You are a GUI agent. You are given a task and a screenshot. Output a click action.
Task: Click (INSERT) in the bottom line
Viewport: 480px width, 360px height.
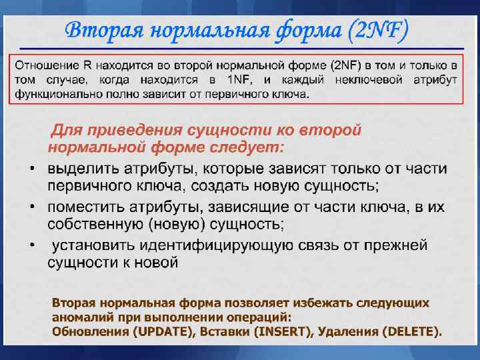click(x=280, y=331)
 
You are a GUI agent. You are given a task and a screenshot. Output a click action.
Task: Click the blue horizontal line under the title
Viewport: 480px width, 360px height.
click(x=240, y=49)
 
